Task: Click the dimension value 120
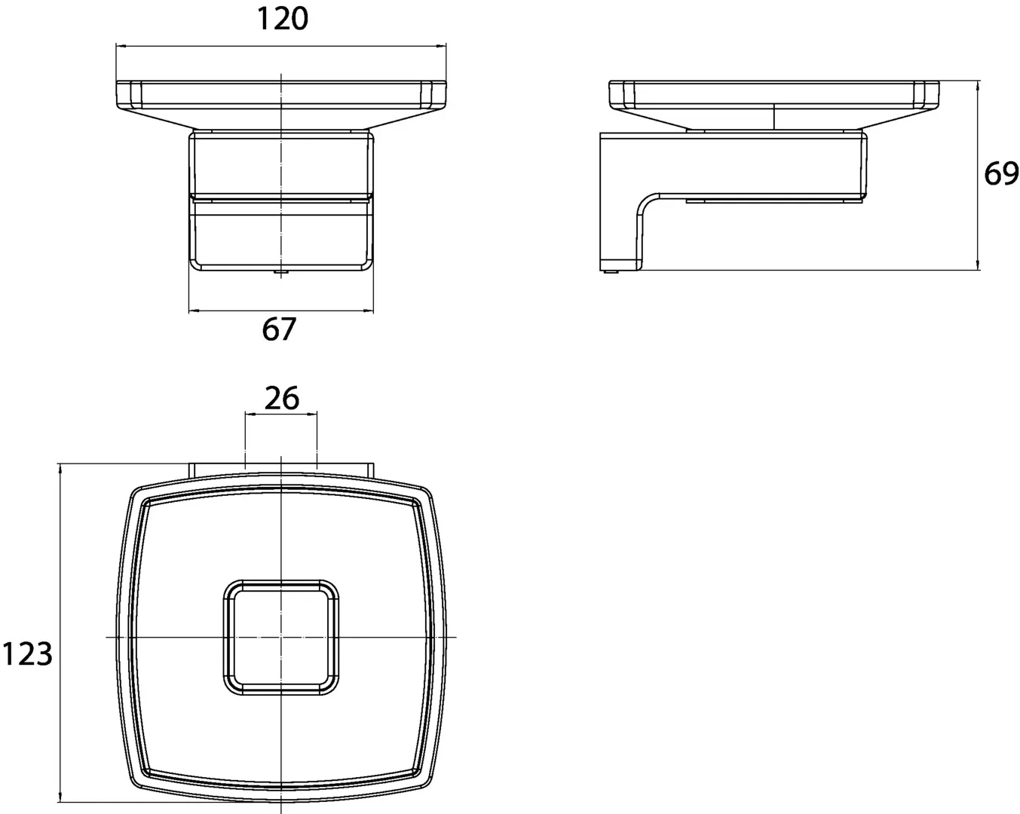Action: coord(283,19)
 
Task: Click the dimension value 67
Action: coord(279,329)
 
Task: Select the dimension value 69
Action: coord(1001,174)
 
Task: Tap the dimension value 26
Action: coord(282,397)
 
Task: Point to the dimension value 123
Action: coord(27,653)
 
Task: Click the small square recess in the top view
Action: coord(280,637)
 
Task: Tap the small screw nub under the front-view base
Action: coord(280,273)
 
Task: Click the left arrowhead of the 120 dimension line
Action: coord(119,46)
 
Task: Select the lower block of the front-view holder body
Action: coord(280,234)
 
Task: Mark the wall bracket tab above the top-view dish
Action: coord(280,469)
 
